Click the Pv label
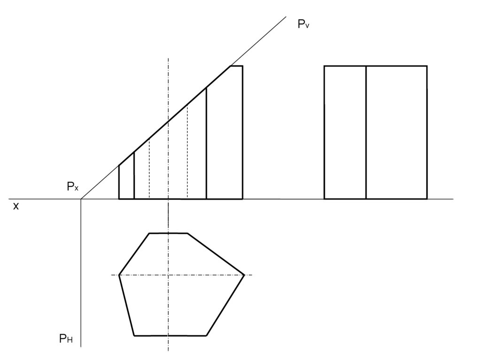click(x=303, y=24)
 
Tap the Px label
click(x=72, y=187)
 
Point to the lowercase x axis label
click(x=16, y=206)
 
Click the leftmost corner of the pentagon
click(x=119, y=275)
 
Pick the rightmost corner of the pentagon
click(x=244, y=275)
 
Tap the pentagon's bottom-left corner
click(x=134, y=335)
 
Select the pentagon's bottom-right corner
click(x=206, y=335)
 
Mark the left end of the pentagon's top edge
click(x=149, y=233)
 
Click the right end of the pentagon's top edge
click(x=187, y=233)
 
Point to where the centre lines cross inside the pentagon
click(x=168, y=275)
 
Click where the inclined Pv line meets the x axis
click(x=81, y=199)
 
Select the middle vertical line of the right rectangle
click(x=366, y=132)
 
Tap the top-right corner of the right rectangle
click(x=427, y=66)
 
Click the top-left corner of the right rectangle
click(x=325, y=66)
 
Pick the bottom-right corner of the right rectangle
click(x=427, y=199)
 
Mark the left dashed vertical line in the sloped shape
click(x=149, y=169)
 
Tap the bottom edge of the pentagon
click(x=170, y=335)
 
